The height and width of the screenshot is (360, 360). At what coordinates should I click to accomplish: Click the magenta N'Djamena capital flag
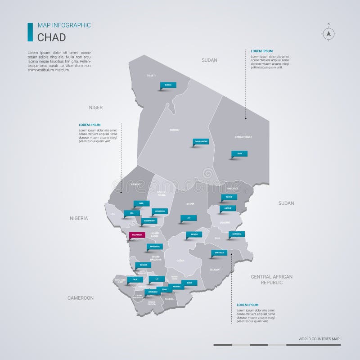(135, 234)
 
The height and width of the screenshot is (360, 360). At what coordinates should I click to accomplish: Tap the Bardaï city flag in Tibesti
(168, 85)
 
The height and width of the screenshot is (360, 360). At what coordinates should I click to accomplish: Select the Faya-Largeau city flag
(201, 141)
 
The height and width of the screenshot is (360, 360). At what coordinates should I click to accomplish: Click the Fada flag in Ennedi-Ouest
(239, 153)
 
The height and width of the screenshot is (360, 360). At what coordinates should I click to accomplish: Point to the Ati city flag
(189, 218)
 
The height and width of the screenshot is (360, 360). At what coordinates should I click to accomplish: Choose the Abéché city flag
(228, 208)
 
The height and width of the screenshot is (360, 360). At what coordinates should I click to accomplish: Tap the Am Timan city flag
(219, 253)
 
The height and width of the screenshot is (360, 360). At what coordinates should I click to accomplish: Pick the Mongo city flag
(194, 234)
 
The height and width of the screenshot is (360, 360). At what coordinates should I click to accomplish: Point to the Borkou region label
(174, 130)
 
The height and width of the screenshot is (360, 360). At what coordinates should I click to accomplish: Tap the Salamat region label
(215, 269)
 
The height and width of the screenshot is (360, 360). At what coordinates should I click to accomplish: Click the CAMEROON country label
(81, 298)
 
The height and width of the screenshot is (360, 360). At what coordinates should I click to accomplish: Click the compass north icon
(328, 33)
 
